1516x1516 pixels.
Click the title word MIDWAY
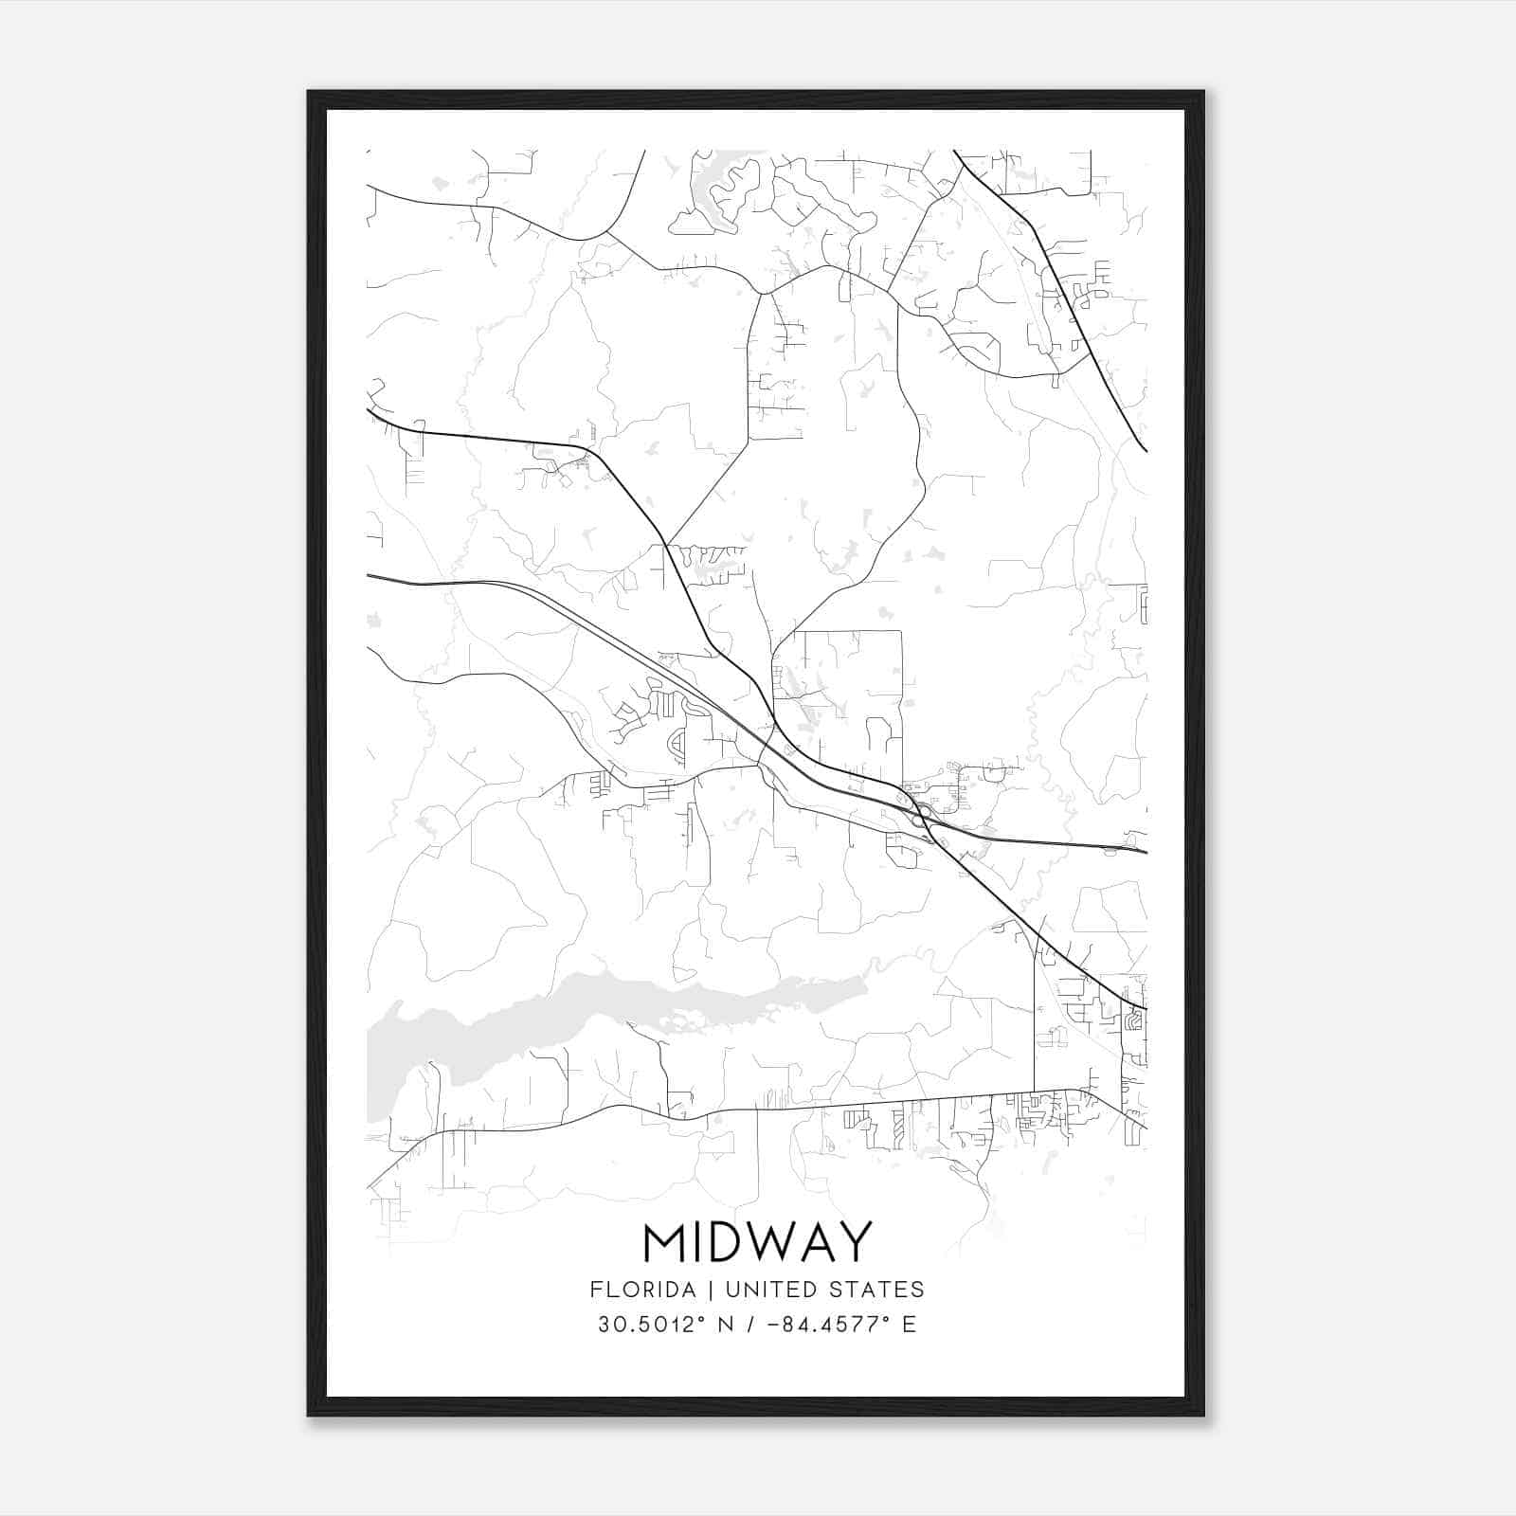coord(757,1242)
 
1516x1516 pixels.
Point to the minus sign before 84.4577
coord(773,1325)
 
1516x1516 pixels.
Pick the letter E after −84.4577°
coord(910,1325)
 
